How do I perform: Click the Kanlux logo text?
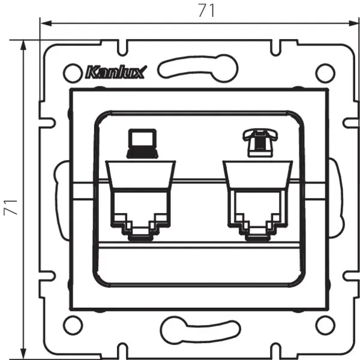click(x=113, y=74)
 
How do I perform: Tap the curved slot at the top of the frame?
click(x=198, y=65)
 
